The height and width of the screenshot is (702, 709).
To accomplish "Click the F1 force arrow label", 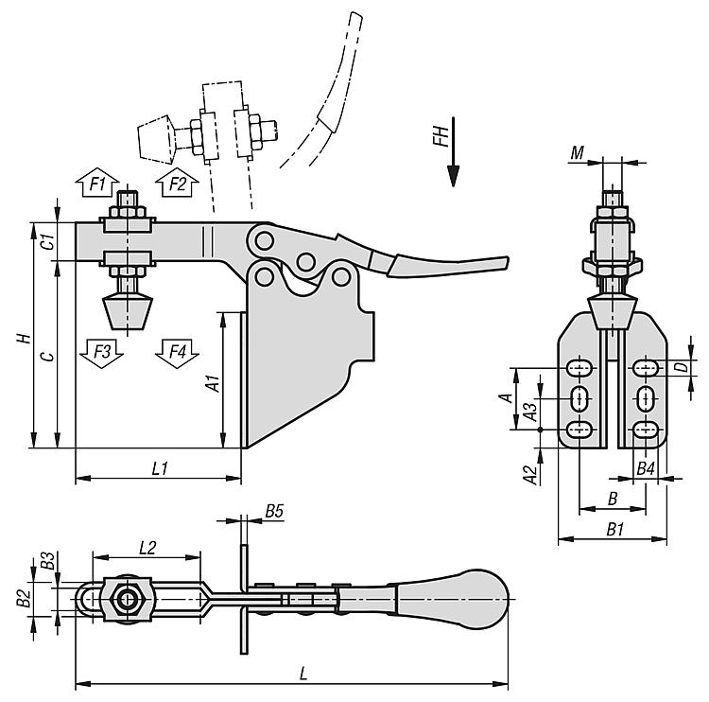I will [x=96, y=184].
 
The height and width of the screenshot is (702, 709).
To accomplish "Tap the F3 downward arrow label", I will [x=101, y=352].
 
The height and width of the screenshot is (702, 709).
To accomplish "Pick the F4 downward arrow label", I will [x=178, y=352].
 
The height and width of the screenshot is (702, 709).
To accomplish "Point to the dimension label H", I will [x=27, y=338].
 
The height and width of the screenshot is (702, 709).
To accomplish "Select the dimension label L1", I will [x=159, y=468].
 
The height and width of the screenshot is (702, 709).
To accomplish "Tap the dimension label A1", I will [x=214, y=383].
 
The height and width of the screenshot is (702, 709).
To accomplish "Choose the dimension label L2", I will [x=147, y=547].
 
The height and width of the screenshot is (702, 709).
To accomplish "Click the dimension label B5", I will [x=274, y=511].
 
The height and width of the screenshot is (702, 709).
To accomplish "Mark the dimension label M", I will [x=578, y=152].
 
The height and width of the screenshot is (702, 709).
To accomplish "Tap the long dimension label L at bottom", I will [x=303, y=674].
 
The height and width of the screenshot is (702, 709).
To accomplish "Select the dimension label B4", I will [x=646, y=468].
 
